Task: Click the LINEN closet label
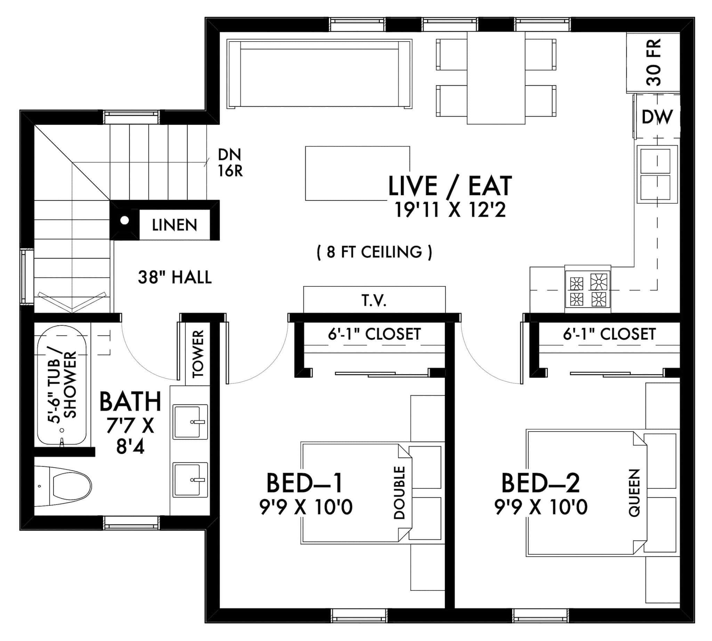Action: click(174, 225)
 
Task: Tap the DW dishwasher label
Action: click(657, 117)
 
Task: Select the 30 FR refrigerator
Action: click(653, 62)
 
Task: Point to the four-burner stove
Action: click(588, 289)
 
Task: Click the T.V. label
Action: click(374, 301)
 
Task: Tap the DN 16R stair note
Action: click(230, 163)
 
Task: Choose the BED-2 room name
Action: click(540, 483)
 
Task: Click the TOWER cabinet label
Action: click(198, 353)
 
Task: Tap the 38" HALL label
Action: click(175, 278)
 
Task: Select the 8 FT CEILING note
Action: click(374, 252)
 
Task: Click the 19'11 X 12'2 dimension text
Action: click(450, 210)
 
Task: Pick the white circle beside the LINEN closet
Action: click(124, 221)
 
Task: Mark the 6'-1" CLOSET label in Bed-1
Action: click(374, 334)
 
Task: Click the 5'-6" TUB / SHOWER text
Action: click(62, 385)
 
